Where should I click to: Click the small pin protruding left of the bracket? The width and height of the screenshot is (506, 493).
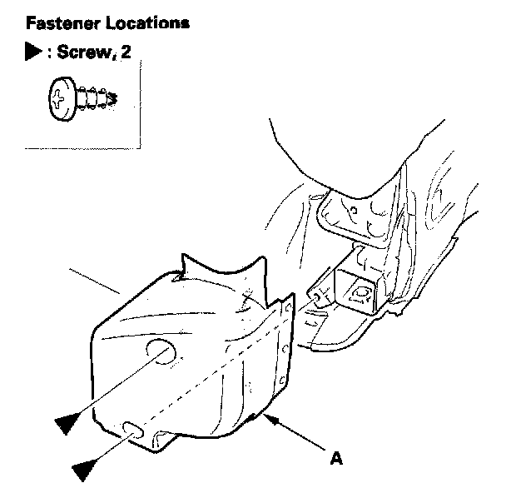pos(317,296)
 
